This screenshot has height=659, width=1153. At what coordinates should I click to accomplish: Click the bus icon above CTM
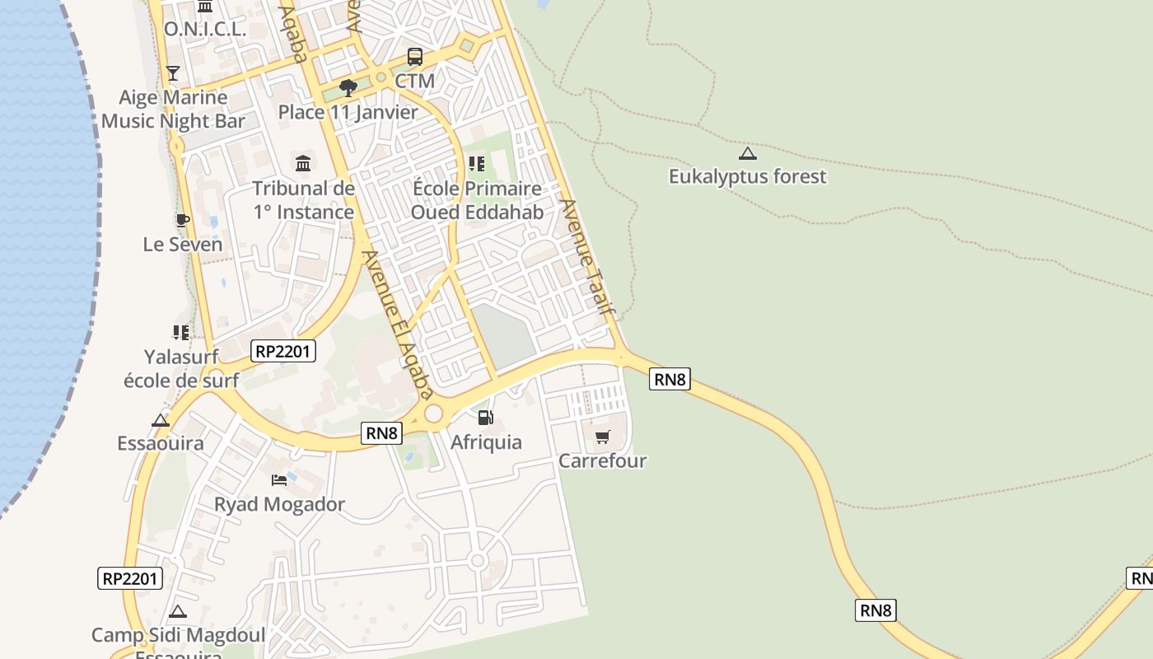(x=415, y=57)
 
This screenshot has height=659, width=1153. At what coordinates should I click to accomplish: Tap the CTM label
(x=415, y=81)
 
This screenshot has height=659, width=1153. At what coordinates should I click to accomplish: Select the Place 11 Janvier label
(x=348, y=112)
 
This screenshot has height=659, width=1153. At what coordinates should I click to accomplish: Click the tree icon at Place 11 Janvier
(x=348, y=87)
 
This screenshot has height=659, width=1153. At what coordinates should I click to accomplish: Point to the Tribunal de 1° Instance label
(x=304, y=200)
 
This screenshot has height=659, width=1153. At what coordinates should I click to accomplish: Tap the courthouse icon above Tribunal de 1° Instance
(x=303, y=163)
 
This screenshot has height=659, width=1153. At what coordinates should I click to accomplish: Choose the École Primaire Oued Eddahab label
(x=477, y=200)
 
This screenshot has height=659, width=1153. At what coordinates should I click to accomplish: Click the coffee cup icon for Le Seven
(x=182, y=220)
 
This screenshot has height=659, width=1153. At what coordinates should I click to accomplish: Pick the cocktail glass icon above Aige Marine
(x=172, y=73)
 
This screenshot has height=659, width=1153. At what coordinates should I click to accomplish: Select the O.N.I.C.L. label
(x=205, y=30)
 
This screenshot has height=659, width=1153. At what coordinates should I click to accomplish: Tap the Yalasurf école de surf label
(x=181, y=368)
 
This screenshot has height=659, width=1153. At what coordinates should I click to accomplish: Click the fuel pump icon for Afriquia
(x=486, y=418)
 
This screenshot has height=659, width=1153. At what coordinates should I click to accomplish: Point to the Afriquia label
(x=486, y=442)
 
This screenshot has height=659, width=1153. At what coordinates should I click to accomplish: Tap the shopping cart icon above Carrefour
(x=603, y=436)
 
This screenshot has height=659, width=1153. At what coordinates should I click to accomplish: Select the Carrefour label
(x=603, y=460)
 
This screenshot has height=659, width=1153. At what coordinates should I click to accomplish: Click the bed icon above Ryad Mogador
(x=279, y=479)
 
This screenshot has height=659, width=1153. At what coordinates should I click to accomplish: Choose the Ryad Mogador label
(x=279, y=504)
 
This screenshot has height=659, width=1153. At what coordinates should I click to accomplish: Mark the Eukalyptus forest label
(x=747, y=176)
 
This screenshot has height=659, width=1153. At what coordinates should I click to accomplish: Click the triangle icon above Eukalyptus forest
(x=747, y=153)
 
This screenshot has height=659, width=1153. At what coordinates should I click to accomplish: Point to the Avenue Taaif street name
(x=587, y=258)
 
